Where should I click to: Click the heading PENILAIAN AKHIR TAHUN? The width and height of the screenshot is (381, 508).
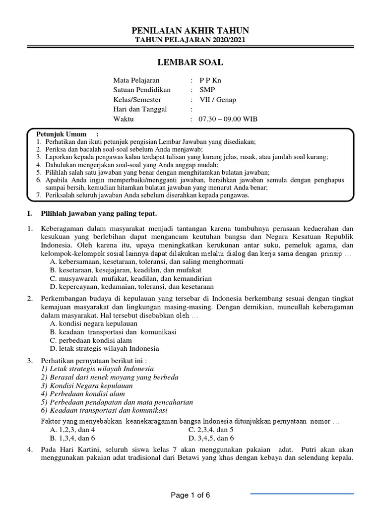click(x=190, y=30)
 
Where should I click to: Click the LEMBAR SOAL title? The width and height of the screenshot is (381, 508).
click(x=190, y=63)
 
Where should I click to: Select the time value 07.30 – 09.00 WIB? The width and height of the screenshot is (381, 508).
click(x=228, y=119)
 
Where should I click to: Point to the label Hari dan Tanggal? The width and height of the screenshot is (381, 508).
click(x=140, y=109)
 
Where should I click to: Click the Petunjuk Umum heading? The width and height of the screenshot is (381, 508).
click(x=62, y=134)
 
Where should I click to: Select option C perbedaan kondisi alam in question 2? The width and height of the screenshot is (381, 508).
click(x=91, y=340)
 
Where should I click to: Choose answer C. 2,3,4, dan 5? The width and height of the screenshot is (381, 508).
click(x=211, y=430)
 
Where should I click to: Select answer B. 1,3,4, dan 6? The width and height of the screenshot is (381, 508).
click(x=72, y=438)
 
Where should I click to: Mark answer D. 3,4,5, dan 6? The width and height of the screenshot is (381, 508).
click(x=211, y=438)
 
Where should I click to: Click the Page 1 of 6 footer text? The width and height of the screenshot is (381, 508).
click(x=190, y=495)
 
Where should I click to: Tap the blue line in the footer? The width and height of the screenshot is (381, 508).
click(x=302, y=494)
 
